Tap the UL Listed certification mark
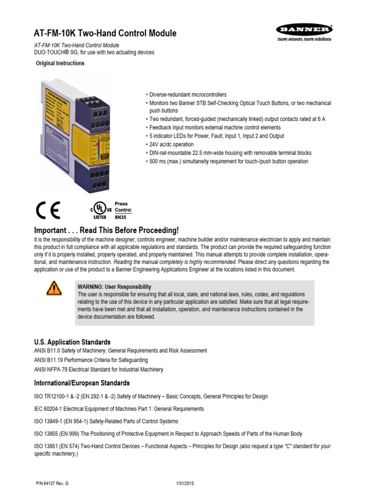coord(99,210)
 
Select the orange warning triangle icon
coord(54,288)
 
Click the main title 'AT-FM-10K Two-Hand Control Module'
coord(105,33)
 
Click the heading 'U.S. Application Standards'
coord(72,342)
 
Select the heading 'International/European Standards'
coord(81,383)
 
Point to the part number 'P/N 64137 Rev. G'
coord(52,483)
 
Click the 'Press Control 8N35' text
coord(122,210)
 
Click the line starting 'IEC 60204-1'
coord(119,409)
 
